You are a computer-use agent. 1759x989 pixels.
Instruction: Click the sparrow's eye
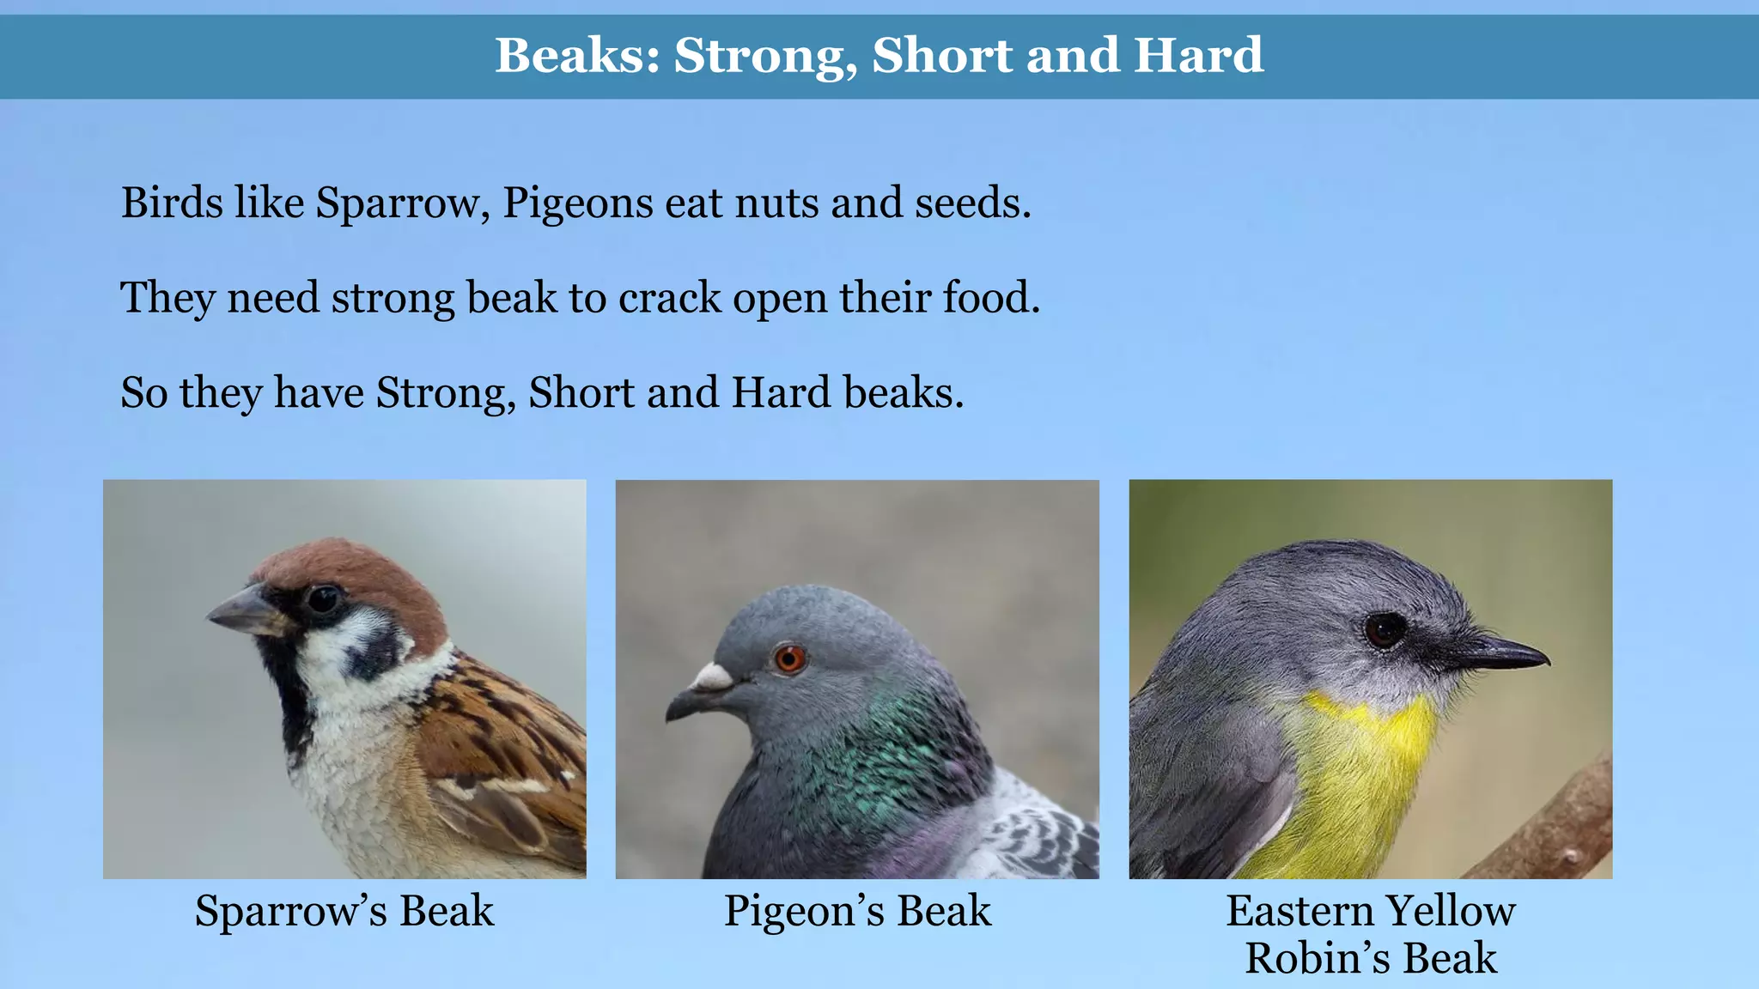tap(324, 598)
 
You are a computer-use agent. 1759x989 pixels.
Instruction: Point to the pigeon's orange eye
tap(789, 659)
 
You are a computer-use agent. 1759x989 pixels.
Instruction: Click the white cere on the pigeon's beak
tap(712, 677)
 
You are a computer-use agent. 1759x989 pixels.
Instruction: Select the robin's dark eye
tap(1384, 630)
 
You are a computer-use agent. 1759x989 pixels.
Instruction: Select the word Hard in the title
tap(1198, 56)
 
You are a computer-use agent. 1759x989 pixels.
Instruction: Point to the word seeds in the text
tap(971, 203)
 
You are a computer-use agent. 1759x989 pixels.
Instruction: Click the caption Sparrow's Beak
tap(344, 911)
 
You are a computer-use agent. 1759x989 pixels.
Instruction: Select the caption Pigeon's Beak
tap(857, 911)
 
